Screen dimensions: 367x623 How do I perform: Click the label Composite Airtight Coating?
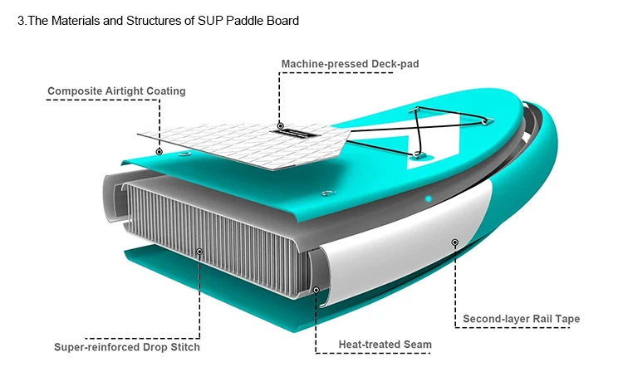tap(116, 91)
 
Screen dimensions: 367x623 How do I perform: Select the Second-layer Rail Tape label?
tap(521, 319)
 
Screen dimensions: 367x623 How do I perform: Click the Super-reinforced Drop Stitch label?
tap(127, 347)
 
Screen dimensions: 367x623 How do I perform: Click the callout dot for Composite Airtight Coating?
tap(159, 152)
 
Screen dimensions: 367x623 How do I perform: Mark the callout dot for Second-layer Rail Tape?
tap(454, 242)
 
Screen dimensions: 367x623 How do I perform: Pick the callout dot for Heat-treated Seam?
tap(316, 290)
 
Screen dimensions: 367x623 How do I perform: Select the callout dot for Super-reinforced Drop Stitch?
tap(199, 251)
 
